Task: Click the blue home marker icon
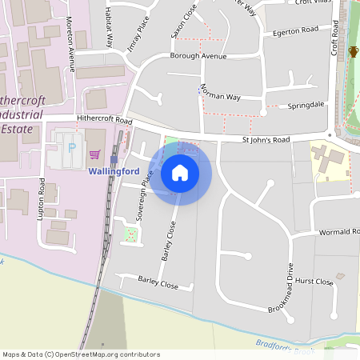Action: click(179, 172)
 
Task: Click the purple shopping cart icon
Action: click(95, 154)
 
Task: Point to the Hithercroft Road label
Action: click(104, 119)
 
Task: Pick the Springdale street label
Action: click(306, 105)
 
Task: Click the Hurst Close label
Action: click(314, 282)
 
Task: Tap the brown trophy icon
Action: click(353, 52)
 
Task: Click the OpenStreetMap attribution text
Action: click(81, 354)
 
